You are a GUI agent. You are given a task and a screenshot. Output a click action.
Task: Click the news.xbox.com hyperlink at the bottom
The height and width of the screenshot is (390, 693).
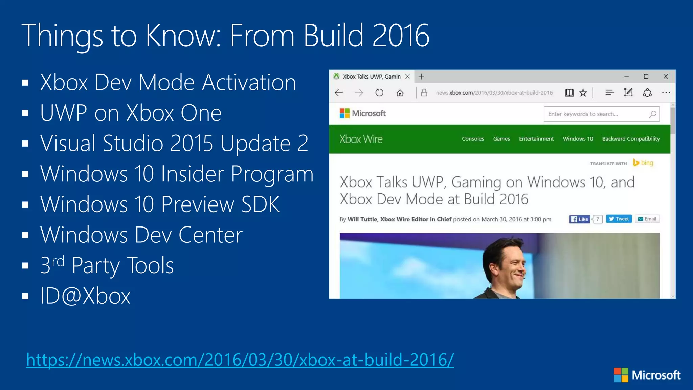[x=240, y=360]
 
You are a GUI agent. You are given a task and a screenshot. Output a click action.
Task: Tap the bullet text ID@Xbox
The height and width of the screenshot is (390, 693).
[x=85, y=296]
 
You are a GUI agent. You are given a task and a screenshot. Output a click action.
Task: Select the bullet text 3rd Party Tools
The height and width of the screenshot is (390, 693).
[x=107, y=265]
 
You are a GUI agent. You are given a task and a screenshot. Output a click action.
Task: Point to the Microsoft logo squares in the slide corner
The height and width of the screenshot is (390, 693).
[x=621, y=375]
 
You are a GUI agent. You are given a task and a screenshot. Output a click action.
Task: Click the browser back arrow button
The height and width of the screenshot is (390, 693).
[x=339, y=93]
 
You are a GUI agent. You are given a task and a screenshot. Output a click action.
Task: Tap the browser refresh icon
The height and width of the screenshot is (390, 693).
[x=379, y=93]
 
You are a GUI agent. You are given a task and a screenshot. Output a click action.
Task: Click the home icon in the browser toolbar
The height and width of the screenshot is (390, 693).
[x=400, y=93]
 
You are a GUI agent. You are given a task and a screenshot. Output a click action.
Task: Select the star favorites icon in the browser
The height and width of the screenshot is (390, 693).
[x=583, y=93]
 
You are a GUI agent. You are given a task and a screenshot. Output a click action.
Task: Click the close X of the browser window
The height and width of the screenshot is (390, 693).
[x=666, y=77]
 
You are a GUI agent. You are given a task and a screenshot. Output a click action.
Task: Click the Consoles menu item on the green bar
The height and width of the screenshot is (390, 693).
[x=473, y=139]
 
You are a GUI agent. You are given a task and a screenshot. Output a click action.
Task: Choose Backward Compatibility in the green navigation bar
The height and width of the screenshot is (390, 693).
[x=631, y=139]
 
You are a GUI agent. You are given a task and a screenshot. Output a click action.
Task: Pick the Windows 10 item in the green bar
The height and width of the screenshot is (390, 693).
[x=578, y=139]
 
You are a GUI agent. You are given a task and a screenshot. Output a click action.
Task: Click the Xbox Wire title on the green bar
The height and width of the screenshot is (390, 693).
[x=361, y=139]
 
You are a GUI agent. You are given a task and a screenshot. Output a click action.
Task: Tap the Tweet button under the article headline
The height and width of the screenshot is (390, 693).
[x=619, y=219]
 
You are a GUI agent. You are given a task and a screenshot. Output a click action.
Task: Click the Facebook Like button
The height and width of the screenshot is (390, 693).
[x=580, y=219]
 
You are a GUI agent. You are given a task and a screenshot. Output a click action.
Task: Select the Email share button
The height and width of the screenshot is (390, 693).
[x=647, y=219]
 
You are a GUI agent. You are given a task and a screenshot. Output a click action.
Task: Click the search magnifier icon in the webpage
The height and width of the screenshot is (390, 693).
[x=653, y=114]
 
